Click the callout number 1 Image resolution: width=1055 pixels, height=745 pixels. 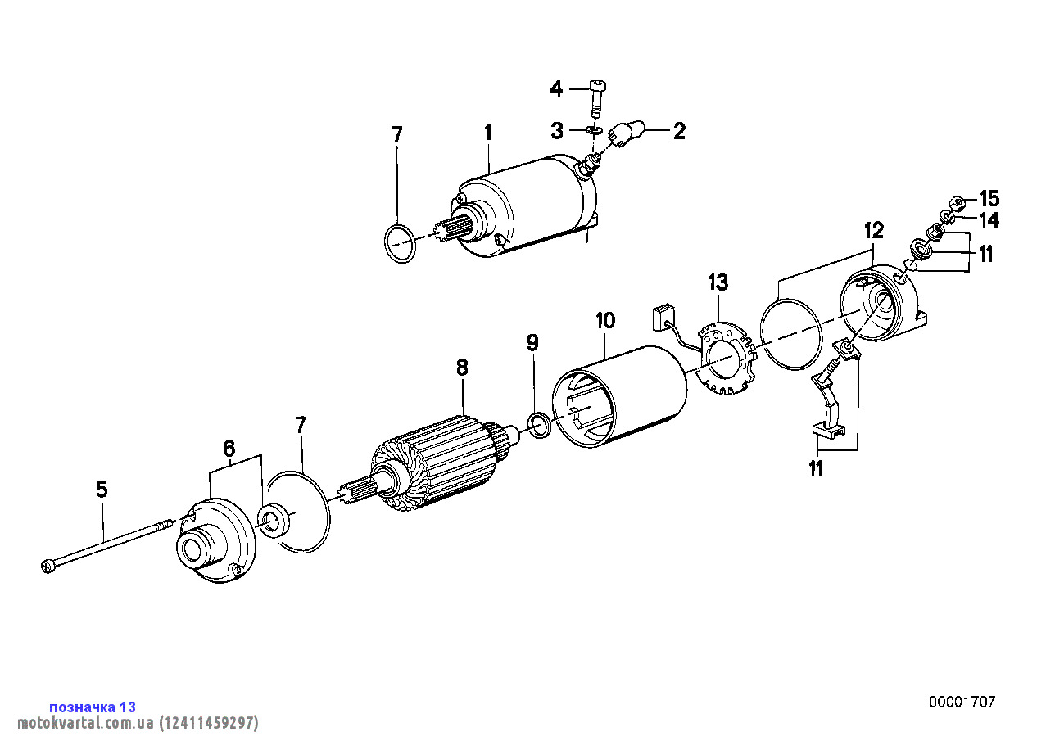[x=487, y=132]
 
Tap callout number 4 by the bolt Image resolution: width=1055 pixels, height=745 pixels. [x=555, y=88]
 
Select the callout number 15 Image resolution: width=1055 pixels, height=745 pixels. [x=989, y=198]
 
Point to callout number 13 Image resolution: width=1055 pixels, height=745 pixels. [x=718, y=283]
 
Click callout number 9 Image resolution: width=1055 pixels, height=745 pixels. [x=532, y=342]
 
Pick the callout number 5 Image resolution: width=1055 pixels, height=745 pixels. [x=102, y=490]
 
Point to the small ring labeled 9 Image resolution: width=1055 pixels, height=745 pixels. [x=539, y=426]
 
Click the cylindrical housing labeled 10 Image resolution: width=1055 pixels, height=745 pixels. [x=623, y=396]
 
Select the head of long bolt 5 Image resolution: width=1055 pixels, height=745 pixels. [x=47, y=565]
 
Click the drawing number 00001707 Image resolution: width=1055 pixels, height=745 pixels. [x=962, y=702]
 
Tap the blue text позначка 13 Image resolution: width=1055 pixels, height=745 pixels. [x=93, y=707]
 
